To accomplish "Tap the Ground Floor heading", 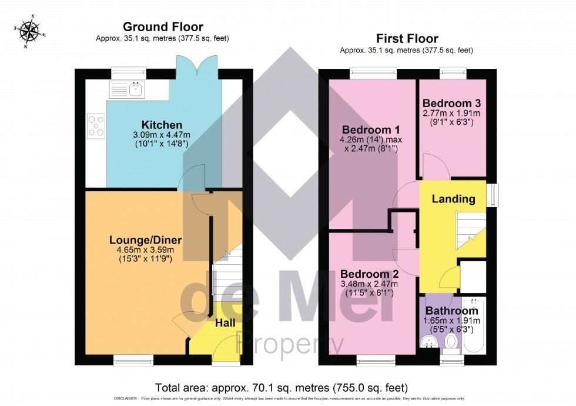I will (163, 26).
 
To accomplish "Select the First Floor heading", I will (407, 39).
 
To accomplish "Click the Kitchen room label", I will (162, 125).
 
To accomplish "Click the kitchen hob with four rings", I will (96, 126).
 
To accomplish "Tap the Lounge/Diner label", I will (145, 240).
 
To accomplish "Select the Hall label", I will (225, 323).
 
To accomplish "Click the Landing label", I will (453, 199).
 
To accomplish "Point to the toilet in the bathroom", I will (451, 342).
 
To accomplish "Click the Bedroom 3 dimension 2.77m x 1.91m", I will (451, 113).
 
